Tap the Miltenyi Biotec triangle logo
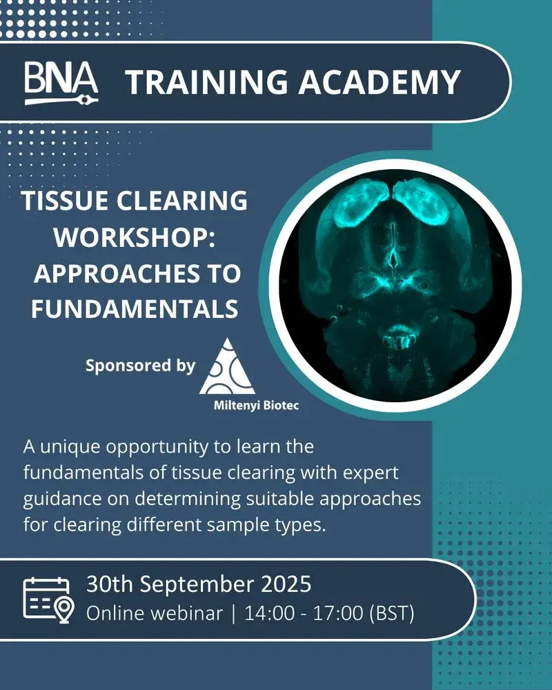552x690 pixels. (227, 365)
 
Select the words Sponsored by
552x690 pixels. (140, 365)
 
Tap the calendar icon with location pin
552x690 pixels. (48, 598)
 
